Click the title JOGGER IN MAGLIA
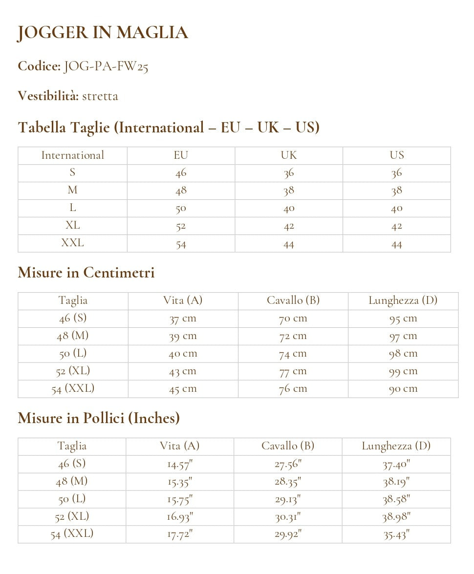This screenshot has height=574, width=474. (x=103, y=33)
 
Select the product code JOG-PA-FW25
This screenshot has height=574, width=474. (x=106, y=66)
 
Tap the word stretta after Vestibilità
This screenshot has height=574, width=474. (x=100, y=96)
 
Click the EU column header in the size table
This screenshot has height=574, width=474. (x=181, y=155)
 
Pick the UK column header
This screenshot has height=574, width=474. (x=288, y=155)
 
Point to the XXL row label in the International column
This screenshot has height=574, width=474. (x=72, y=243)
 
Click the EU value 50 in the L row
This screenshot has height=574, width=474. (x=181, y=208)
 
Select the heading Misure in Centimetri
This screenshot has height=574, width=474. (x=86, y=273)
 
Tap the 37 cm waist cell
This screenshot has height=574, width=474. (x=183, y=319)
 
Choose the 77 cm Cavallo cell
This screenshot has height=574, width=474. (x=293, y=371)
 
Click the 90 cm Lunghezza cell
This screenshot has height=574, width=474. (x=403, y=389)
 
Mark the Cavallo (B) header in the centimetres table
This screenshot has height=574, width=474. (x=293, y=300)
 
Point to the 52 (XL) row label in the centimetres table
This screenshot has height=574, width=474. (x=73, y=371)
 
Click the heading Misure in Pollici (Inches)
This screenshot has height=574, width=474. (x=99, y=418)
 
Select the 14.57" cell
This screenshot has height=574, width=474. (x=180, y=464)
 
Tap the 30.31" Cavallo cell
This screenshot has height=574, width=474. (x=287, y=517)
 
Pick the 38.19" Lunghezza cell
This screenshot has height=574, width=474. (x=396, y=482)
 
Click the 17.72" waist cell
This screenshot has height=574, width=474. (x=180, y=534)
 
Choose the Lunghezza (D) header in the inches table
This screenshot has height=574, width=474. (x=396, y=446)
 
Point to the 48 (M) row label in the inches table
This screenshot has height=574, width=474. (x=72, y=481)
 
